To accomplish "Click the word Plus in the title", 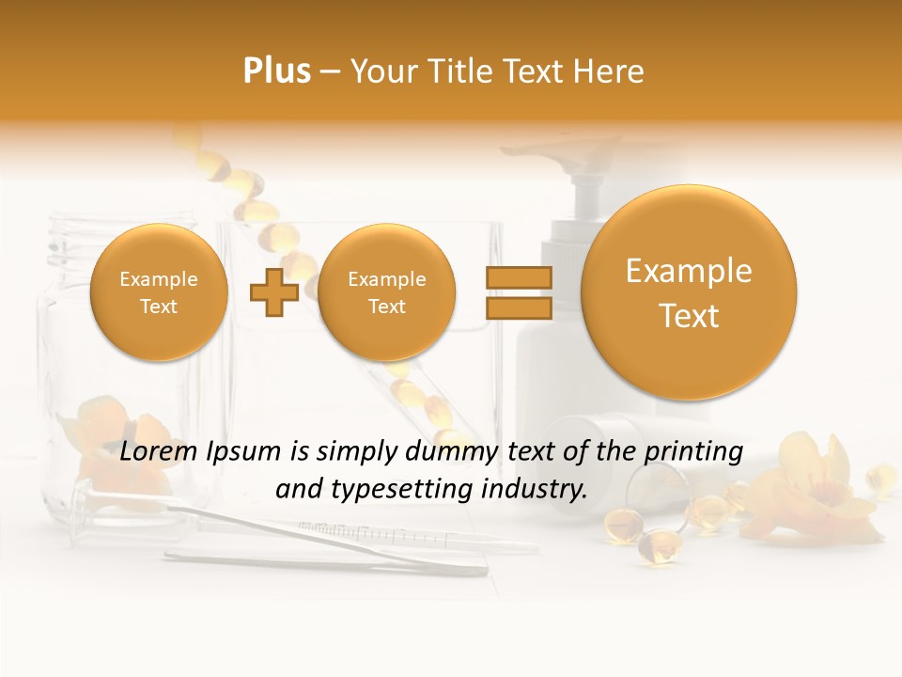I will [276, 71].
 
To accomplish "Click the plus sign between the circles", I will [273, 293].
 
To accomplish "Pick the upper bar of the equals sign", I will [518, 277].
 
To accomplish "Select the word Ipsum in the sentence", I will [246, 452].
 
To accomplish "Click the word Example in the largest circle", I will [689, 271].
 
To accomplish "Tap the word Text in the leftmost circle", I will [159, 307].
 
